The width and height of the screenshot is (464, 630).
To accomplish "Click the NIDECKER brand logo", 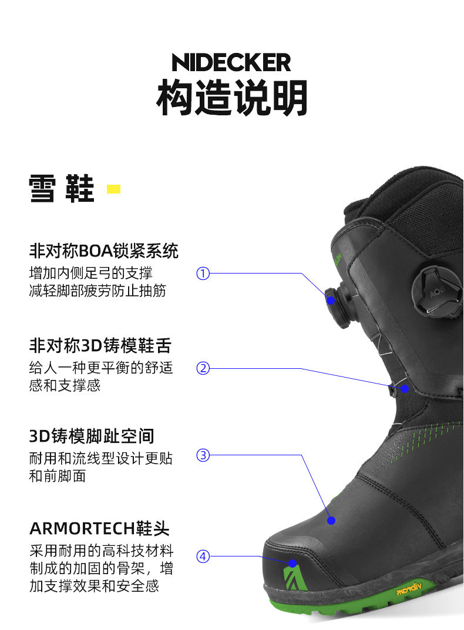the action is pos(231,62).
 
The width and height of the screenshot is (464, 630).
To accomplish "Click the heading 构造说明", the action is pos(232,98).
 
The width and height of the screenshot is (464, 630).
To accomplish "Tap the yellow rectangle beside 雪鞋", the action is pos(113,189).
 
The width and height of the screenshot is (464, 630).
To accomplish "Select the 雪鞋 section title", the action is pos(62,189).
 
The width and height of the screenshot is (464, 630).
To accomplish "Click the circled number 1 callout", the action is pos(203,273).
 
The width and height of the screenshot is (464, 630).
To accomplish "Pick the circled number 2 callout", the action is pos(203,368).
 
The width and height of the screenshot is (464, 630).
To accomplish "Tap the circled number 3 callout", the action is pos(203,455).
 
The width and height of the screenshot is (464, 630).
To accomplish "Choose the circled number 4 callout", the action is pos(203,556).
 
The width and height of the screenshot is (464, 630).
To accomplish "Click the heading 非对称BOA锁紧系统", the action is pos(103,251).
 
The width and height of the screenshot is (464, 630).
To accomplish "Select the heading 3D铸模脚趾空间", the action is pos(92,436).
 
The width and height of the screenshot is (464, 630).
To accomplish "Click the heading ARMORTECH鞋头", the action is pos(99,528).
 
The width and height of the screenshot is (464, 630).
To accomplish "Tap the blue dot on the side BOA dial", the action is pos(331,300).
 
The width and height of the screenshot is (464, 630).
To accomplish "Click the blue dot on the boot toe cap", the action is pos(292,564).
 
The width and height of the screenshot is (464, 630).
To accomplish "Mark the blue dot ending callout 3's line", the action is pos(331,521).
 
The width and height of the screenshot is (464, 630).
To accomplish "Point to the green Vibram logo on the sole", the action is pos(409,589).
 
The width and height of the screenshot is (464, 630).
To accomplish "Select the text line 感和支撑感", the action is pos(65,385).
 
